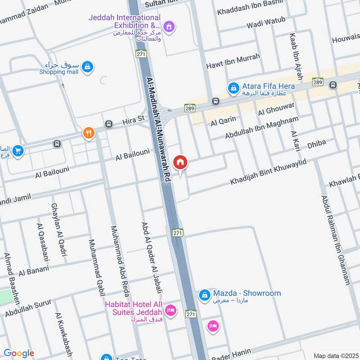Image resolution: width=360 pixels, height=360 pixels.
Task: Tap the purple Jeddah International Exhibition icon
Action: (x=169, y=27)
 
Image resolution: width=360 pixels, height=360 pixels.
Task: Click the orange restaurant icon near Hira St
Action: (x=89, y=133)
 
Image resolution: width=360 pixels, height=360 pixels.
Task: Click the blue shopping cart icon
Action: (x=18, y=151)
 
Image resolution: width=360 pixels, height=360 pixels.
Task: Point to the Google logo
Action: (x=19, y=353)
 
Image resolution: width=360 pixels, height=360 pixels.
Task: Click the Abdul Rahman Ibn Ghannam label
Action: (x=335, y=240)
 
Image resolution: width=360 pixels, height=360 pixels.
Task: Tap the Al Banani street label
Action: (x=33, y=271)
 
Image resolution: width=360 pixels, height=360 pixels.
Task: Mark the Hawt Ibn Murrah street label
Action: (x=233, y=62)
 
